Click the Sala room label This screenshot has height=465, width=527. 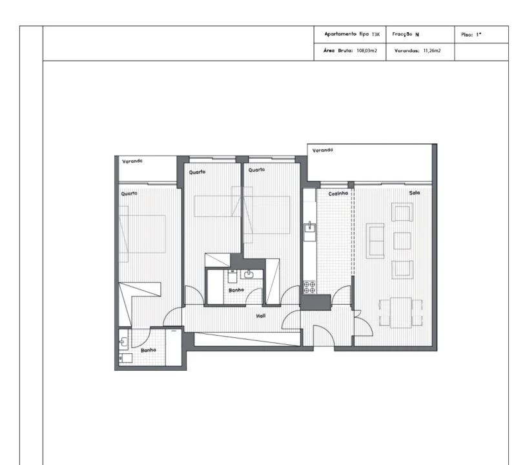coord(414,192)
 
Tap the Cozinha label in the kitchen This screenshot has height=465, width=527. coord(338,193)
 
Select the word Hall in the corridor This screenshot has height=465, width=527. coord(261,315)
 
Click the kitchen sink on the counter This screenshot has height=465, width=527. coord(310,227)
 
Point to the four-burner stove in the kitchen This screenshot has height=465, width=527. coord(309,286)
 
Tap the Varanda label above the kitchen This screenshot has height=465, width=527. coord(322,150)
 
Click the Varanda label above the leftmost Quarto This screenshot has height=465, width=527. coord(132,161)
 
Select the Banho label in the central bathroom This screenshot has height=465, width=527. coord(236,291)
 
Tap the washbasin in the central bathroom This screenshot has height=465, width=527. coord(248,274)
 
